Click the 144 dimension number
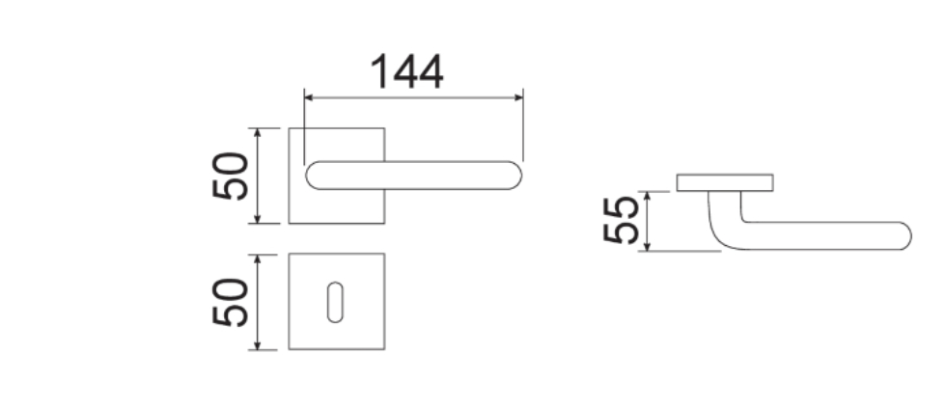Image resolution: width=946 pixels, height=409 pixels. [x=406, y=71]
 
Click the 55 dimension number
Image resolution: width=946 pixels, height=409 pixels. [x=621, y=220]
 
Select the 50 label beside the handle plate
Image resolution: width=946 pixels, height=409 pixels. [x=231, y=176]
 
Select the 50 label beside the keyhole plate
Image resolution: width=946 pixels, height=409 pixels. [x=231, y=302]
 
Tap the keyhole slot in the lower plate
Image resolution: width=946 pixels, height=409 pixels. [x=336, y=302]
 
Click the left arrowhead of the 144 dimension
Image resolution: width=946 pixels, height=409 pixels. [x=308, y=97]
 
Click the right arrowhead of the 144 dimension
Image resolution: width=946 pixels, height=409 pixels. [x=519, y=97]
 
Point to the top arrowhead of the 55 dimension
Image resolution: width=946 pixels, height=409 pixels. [x=647, y=196]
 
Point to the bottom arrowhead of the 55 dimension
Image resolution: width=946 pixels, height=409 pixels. [x=647, y=246]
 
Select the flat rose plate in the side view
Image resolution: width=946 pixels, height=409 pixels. [x=725, y=182]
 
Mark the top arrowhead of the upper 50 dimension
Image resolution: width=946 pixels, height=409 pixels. [x=258, y=133]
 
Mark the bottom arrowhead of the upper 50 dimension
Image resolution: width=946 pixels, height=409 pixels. [x=258, y=218]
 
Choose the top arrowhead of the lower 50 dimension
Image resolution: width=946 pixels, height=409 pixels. [x=258, y=259]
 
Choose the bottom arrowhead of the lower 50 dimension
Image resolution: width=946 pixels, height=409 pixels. [x=258, y=345]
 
